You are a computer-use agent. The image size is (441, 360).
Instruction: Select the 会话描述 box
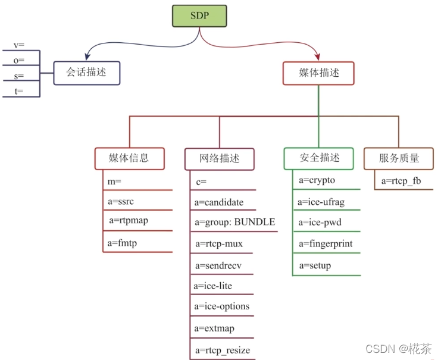pyautogui.click(x=86, y=73)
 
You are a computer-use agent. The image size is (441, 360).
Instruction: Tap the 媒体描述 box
pyautogui.click(x=318, y=73)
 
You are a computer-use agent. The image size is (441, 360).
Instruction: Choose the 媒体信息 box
pyautogui.click(x=129, y=158)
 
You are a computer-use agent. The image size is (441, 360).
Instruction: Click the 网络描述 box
pyautogui.click(x=220, y=159)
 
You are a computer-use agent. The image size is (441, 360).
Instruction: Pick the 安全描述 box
pyautogui.click(x=320, y=158)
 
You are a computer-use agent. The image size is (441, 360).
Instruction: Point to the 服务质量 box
pyautogui.click(x=399, y=158)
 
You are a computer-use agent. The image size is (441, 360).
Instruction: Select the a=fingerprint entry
pyautogui.click(x=326, y=244)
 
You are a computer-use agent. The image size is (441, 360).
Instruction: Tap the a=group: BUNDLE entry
pyautogui.click(x=234, y=223)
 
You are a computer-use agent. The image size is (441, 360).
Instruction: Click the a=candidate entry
pyautogui.click(x=219, y=202)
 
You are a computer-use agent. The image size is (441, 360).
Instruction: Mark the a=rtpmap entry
pyautogui.click(x=129, y=221)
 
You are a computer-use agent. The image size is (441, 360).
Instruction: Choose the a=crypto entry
pyautogui.click(x=317, y=180)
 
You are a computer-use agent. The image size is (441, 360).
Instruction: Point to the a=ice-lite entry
pyautogui.click(x=213, y=286)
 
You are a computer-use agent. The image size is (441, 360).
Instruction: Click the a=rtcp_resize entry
pyautogui.click(x=223, y=350)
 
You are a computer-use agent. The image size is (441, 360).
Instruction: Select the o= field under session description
pyautogui.click(x=19, y=60)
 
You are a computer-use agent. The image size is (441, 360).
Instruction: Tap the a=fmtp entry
pyautogui.click(x=122, y=242)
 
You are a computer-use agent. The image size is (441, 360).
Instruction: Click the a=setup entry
pyautogui.click(x=315, y=265)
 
